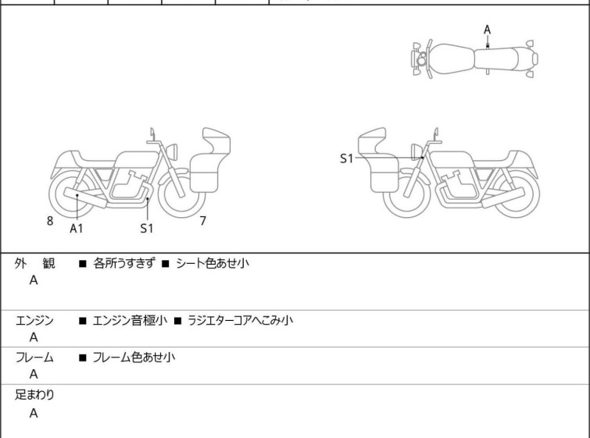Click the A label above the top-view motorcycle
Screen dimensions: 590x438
point(488,30)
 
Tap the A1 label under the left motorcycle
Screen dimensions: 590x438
point(77,228)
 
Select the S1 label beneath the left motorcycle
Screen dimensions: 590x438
point(147,228)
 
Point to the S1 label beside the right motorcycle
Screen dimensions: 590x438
point(346,158)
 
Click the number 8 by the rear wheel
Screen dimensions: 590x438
point(50,221)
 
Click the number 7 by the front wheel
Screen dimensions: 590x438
point(203,221)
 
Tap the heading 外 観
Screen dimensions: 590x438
point(34,263)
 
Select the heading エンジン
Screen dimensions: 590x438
point(34,320)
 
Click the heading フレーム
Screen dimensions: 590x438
point(34,357)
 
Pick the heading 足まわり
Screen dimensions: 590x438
point(34,394)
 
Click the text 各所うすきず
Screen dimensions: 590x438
point(123,263)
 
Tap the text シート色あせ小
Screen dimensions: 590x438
point(213,263)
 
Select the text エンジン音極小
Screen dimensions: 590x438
point(130,320)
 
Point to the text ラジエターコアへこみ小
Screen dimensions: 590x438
point(240,320)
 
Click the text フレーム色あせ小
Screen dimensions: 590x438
point(134,357)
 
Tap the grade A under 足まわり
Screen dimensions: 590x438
point(34,413)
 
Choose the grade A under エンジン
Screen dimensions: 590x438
point(34,337)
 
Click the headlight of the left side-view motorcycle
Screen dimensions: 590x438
point(172,151)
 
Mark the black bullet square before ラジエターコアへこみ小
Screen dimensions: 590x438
point(177,321)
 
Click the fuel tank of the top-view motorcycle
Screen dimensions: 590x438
point(452,59)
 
